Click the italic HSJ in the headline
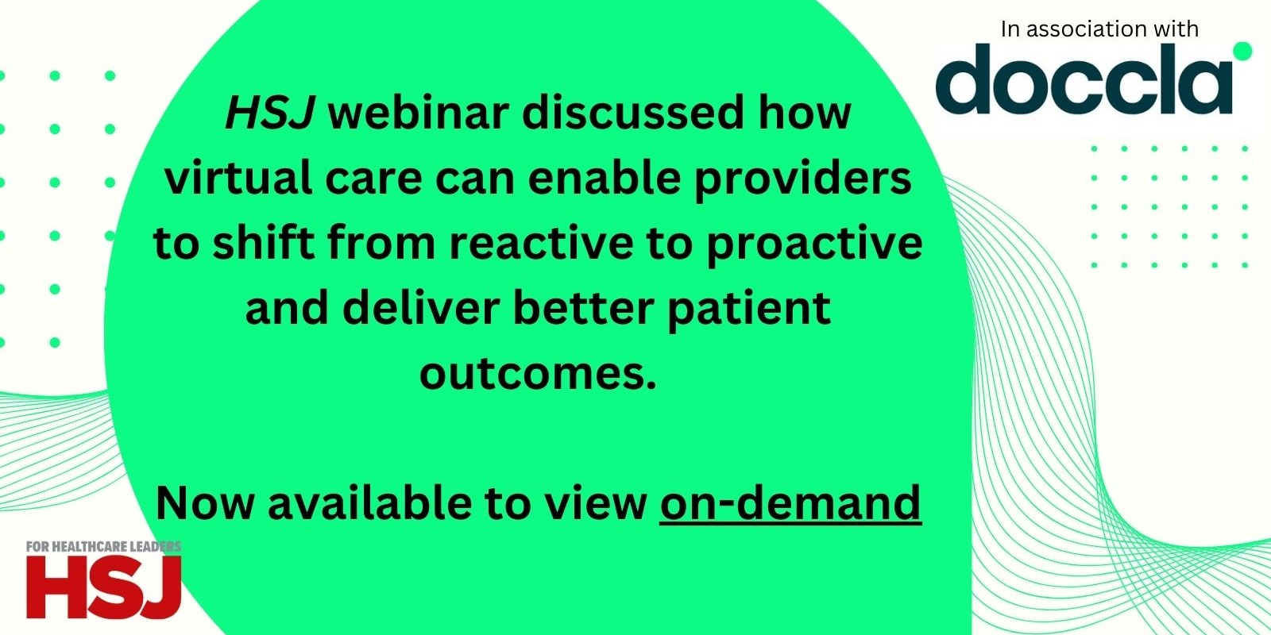pyautogui.click(x=270, y=114)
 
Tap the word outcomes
pyautogui.click(x=538, y=373)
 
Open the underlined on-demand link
pyautogui.click(x=790, y=503)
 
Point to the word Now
pyautogui.click(x=205, y=503)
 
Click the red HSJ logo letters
pyautogui.click(x=103, y=587)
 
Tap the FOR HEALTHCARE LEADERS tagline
pyautogui.click(x=103, y=547)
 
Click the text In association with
pyautogui.click(x=1099, y=29)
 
